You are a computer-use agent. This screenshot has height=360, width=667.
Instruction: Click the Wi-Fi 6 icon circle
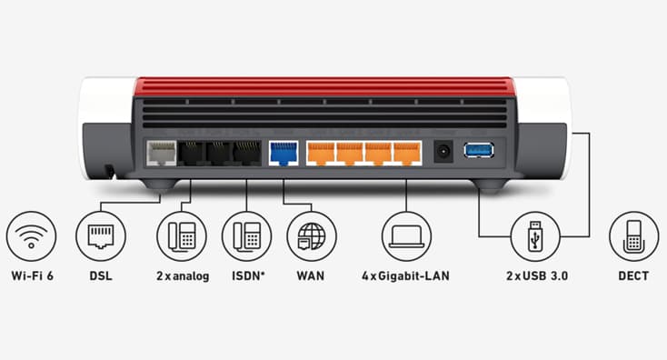click(x=31, y=236)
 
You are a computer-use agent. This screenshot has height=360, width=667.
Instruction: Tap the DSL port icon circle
click(x=101, y=236)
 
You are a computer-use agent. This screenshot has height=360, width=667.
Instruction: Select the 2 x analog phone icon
click(x=182, y=236)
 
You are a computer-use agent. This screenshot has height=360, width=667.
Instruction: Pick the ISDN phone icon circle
click(x=246, y=236)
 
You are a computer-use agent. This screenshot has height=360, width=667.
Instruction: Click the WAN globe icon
click(x=311, y=236)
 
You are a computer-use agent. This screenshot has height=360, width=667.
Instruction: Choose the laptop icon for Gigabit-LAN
click(x=406, y=236)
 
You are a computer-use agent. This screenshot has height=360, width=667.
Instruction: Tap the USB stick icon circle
click(x=534, y=236)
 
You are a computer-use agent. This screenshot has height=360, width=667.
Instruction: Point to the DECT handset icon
click(x=633, y=236)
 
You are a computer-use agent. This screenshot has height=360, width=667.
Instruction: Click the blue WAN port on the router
click(x=284, y=152)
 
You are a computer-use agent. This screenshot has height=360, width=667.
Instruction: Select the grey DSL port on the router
click(x=162, y=152)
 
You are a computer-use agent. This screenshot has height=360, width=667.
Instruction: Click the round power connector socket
click(x=444, y=151)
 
